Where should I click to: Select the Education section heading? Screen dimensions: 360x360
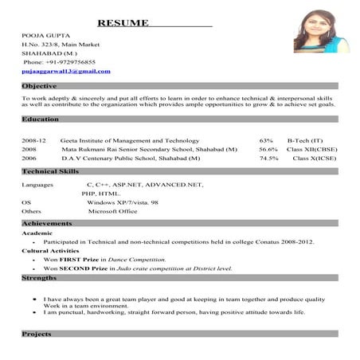coord(40,119)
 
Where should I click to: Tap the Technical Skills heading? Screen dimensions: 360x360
coord(50,171)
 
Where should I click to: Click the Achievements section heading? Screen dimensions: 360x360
coord(47,225)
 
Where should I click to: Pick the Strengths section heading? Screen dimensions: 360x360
coord(39,278)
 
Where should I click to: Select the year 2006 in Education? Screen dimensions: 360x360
coord(29,158)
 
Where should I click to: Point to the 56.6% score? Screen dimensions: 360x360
coord(268,149)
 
